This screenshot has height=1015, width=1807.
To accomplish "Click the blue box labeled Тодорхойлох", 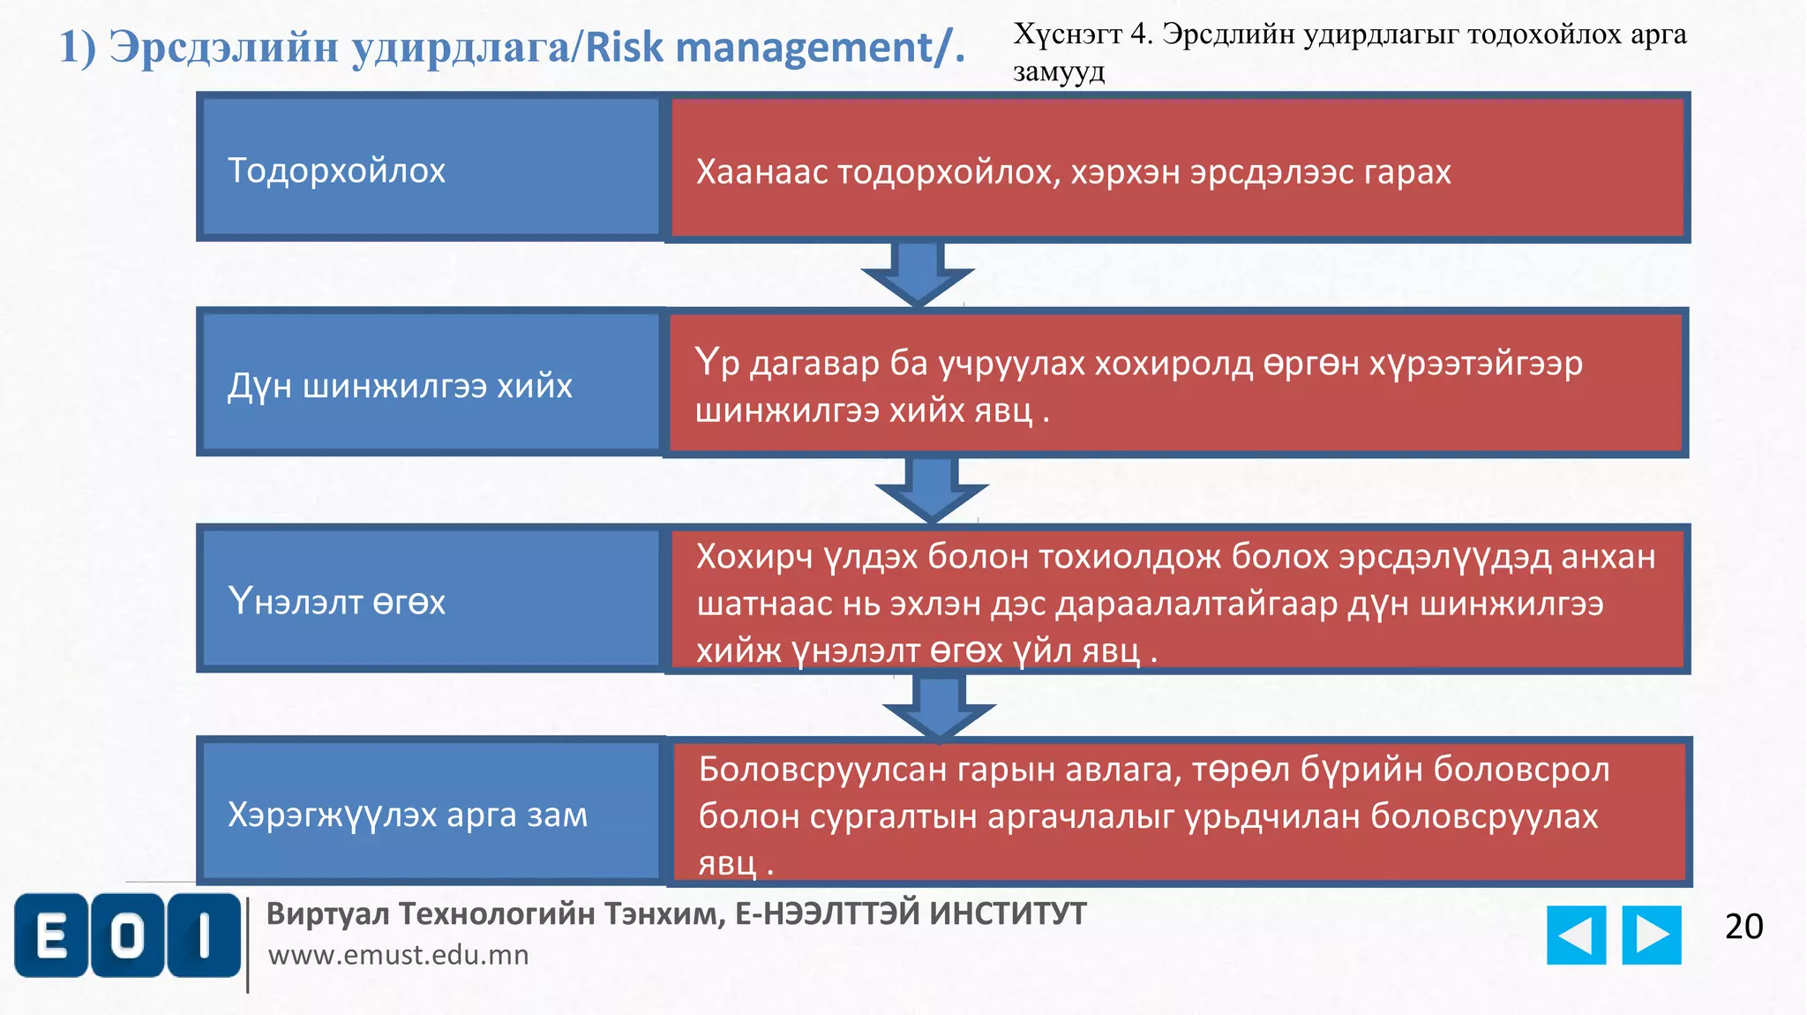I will (x=430, y=168).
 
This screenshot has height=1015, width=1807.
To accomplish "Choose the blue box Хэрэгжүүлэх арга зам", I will (x=430, y=811).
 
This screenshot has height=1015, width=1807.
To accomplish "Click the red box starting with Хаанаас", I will (x=1177, y=168).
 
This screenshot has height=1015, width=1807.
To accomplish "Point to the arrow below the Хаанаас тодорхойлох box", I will (x=918, y=274).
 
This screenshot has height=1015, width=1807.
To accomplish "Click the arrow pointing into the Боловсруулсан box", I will (x=939, y=707).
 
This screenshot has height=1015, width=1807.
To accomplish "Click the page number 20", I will (x=1743, y=927).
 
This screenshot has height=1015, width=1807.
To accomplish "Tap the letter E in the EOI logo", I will (x=52, y=936).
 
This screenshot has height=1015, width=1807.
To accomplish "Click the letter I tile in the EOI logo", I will (x=204, y=936).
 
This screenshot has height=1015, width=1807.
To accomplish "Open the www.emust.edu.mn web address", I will (x=399, y=955).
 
